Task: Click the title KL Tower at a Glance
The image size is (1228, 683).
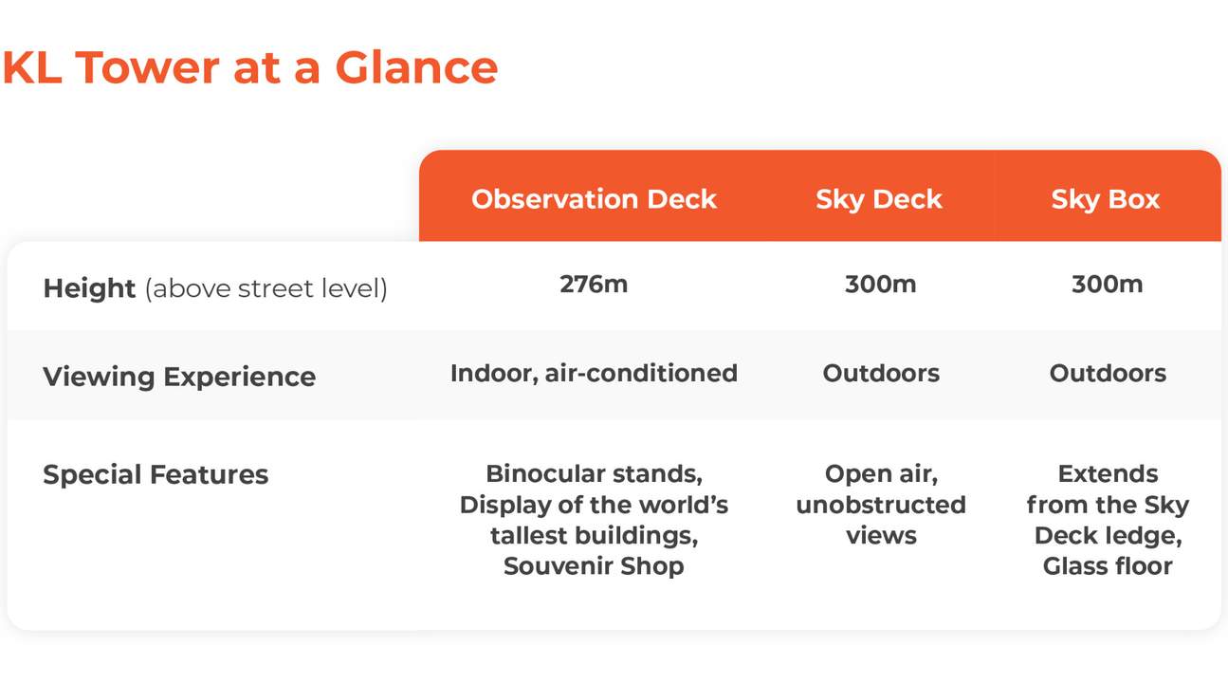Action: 250,67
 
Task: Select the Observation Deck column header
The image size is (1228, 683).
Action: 594,198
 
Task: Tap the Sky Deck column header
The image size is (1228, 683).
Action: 879,200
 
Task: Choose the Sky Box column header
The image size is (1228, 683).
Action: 1106,200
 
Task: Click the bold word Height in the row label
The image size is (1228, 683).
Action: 89,288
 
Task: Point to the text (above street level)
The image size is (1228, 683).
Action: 266,288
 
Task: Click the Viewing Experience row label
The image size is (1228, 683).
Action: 179,377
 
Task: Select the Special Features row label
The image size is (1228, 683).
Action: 156,474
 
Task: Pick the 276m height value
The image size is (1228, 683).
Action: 594,285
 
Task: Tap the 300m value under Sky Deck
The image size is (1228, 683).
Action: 880,285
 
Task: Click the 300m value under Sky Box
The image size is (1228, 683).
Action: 1108,285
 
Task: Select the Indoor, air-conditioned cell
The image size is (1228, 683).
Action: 594,374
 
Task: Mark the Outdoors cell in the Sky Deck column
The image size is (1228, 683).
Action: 881,374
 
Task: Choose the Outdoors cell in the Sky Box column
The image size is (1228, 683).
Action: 1108,374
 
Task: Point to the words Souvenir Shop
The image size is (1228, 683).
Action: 594,566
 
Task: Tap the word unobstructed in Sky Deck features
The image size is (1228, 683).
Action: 881,505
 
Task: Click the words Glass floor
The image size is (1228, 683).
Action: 1108,566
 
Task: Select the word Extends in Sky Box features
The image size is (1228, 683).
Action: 1108,474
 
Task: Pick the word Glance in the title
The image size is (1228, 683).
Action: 416,67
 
